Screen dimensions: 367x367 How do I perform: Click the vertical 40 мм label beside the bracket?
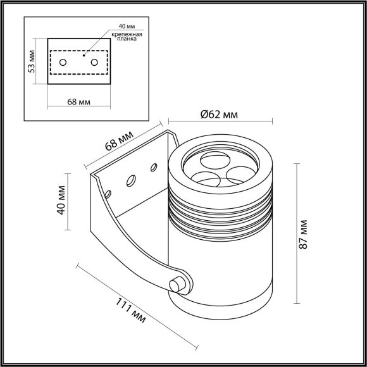click(62, 200)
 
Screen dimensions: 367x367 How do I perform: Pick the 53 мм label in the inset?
click(32, 61)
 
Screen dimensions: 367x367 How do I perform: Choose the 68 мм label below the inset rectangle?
click(80, 103)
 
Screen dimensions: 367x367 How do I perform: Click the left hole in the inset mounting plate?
click(63, 63)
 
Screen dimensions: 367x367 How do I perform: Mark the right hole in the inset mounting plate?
click(94, 62)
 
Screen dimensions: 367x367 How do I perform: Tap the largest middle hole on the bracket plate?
click(131, 181)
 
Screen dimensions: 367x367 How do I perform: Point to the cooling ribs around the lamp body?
click(221, 212)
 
